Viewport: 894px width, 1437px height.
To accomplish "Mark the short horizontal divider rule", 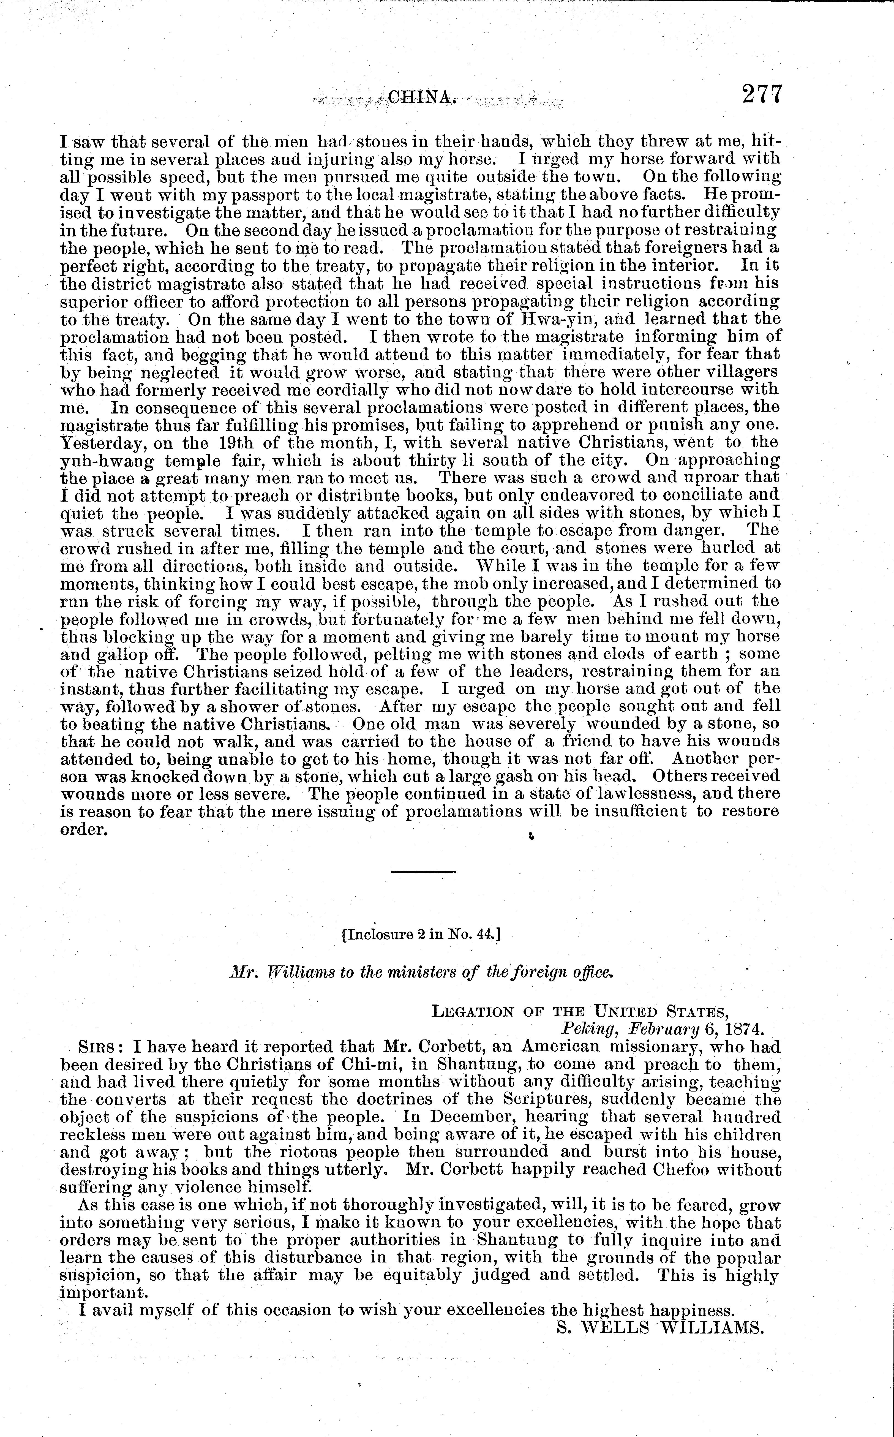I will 423,872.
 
